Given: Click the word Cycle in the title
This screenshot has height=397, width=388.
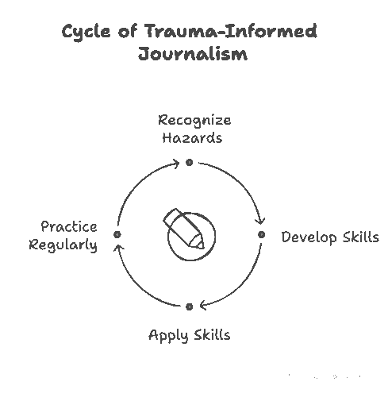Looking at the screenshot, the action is point(86,33).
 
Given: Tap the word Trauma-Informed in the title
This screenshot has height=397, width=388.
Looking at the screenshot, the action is point(231,31).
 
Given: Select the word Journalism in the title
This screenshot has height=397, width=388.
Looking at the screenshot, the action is point(193,54).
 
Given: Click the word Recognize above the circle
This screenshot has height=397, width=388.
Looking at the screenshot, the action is point(194,121).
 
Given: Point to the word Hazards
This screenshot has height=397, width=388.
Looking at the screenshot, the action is point(192,138).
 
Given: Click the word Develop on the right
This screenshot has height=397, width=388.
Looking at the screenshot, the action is point(309,237).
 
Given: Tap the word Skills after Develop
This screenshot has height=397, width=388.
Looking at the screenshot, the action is point(361,237).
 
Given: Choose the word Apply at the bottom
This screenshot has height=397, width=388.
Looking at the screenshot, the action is point(168,336).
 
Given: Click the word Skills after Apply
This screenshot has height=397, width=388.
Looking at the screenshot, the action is point(212,334).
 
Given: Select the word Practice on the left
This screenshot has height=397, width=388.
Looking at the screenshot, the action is point(69,227).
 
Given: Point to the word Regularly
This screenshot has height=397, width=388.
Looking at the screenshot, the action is point(63,245).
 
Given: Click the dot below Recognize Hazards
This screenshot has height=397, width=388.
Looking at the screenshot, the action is point(189,162).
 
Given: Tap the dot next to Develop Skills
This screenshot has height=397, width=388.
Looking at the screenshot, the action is point(261,234).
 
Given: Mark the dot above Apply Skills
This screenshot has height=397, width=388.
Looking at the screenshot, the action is point(189,306).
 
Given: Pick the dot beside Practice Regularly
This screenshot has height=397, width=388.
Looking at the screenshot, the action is point(117,234).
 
